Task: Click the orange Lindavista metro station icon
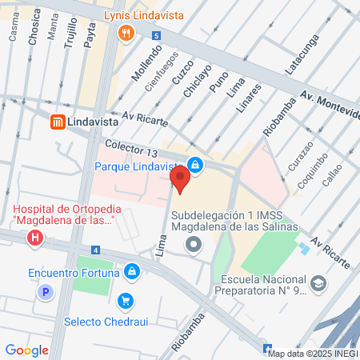tap(58, 122)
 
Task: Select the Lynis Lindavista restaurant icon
tap(126, 33)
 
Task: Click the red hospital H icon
tap(34, 238)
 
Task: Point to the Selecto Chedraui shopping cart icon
tap(125, 301)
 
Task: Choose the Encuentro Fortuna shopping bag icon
tap(134, 272)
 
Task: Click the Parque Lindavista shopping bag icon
tap(195, 166)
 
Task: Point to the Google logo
tap(26, 350)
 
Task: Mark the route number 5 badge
tap(157, 36)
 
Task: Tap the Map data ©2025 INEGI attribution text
tap(313, 354)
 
